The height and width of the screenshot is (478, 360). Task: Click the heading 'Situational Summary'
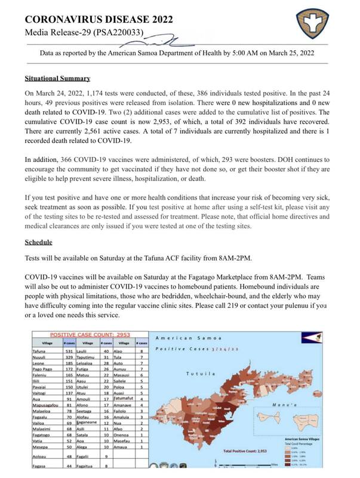point(57,78)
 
